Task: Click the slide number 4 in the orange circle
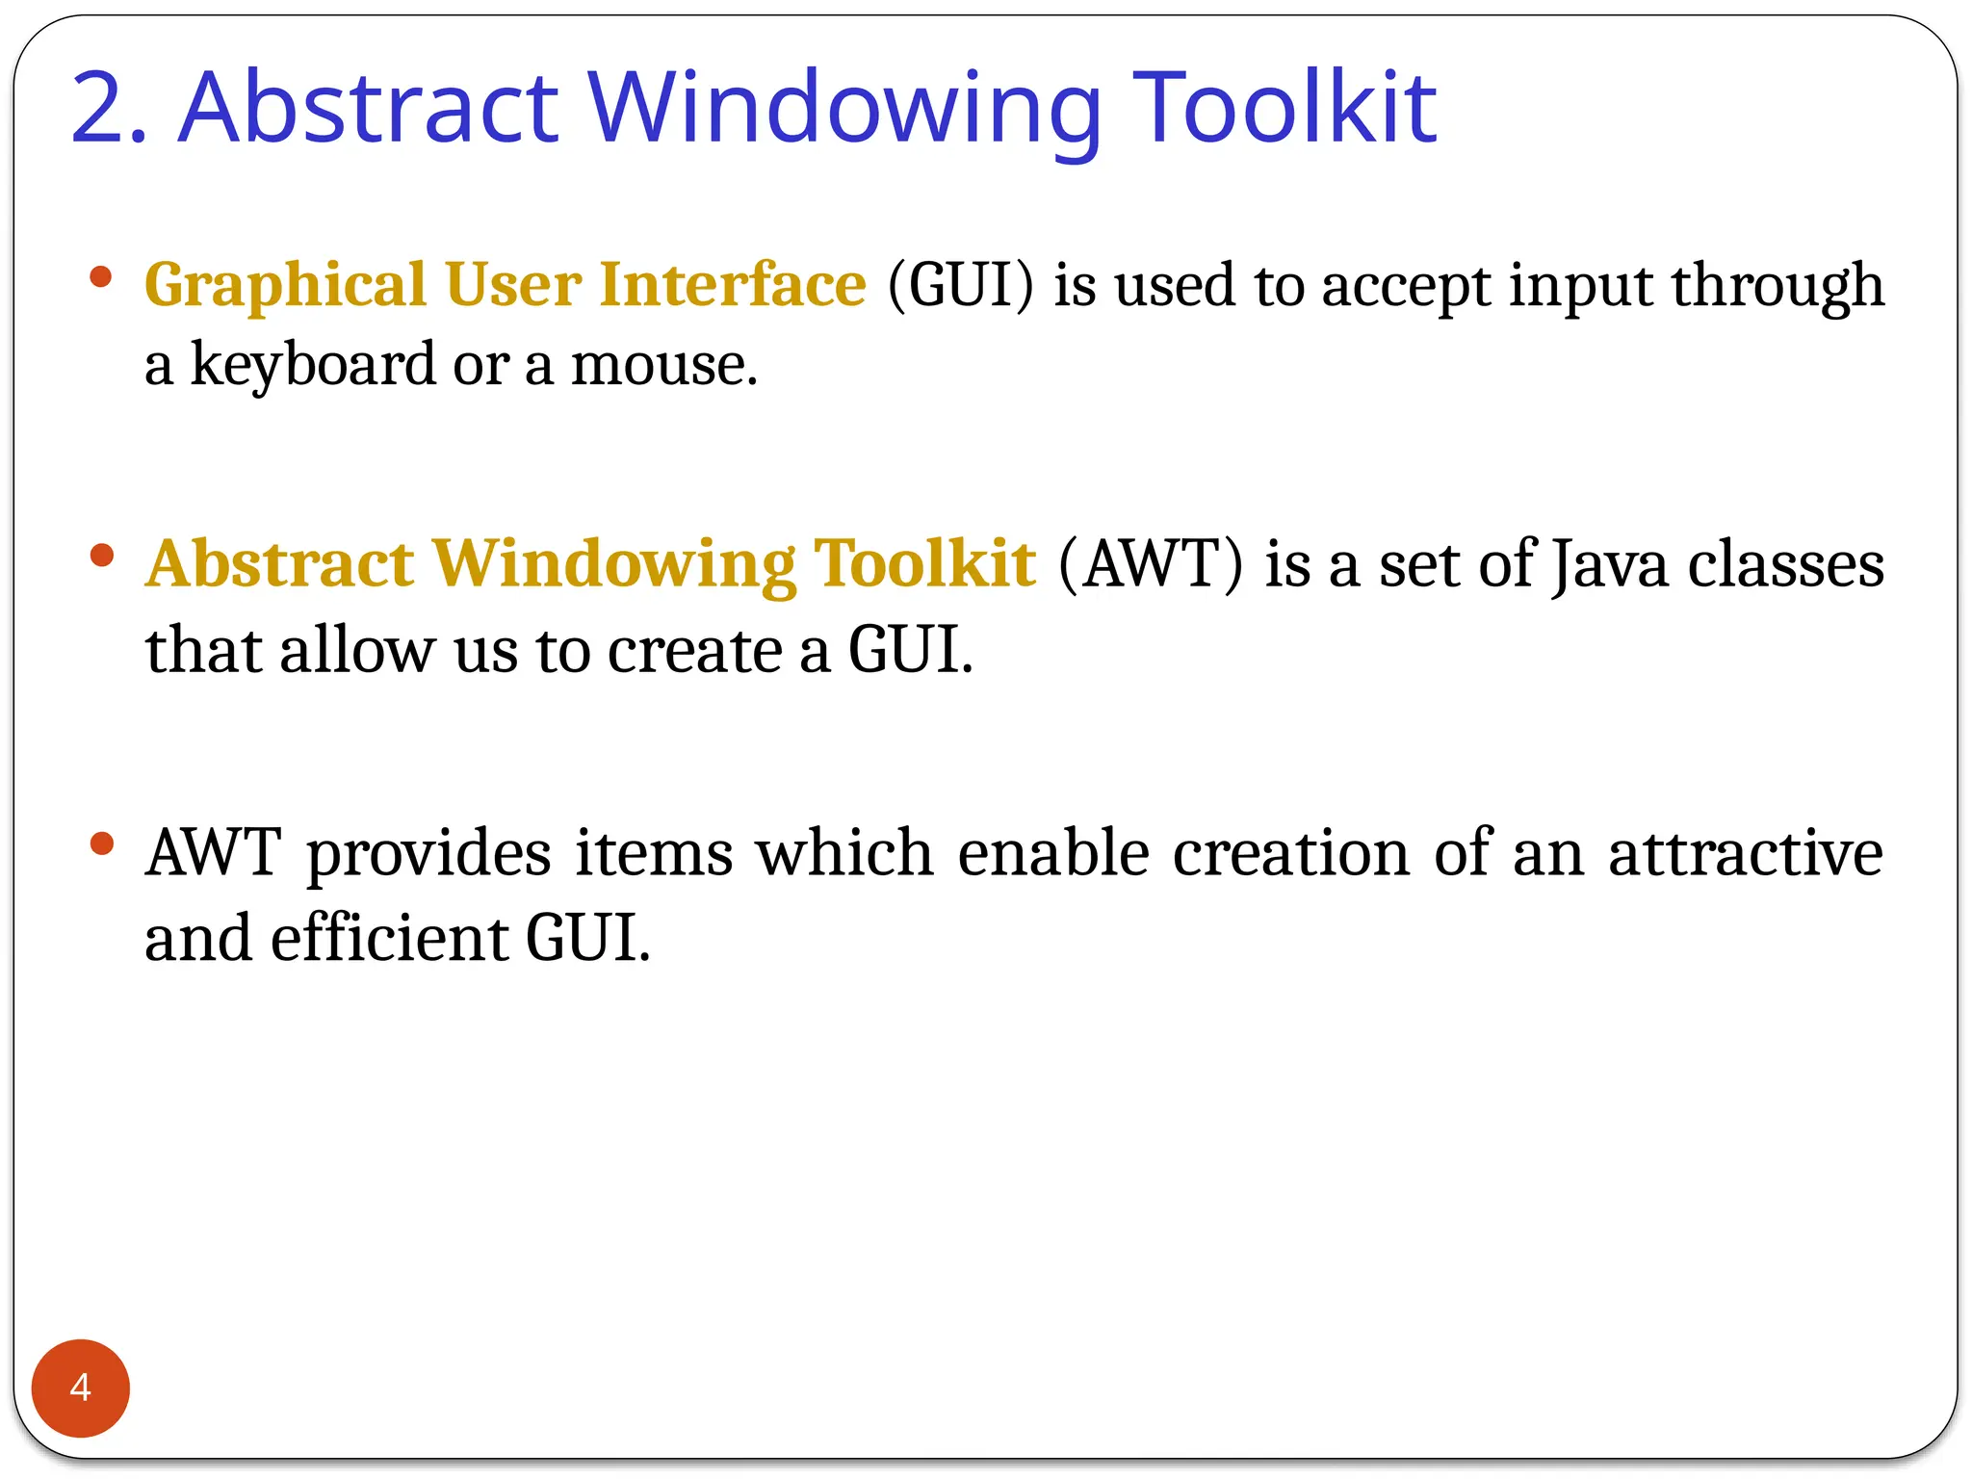click(x=80, y=1388)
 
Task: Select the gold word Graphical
click(x=285, y=286)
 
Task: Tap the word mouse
click(x=663, y=366)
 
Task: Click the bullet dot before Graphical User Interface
click(x=101, y=277)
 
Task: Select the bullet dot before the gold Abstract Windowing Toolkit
click(x=101, y=556)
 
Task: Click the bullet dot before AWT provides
click(x=101, y=844)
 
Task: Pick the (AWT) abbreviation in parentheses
click(x=1151, y=563)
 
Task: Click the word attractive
click(x=1745, y=853)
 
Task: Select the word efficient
click(x=389, y=938)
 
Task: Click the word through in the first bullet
click(x=1777, y=287)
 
